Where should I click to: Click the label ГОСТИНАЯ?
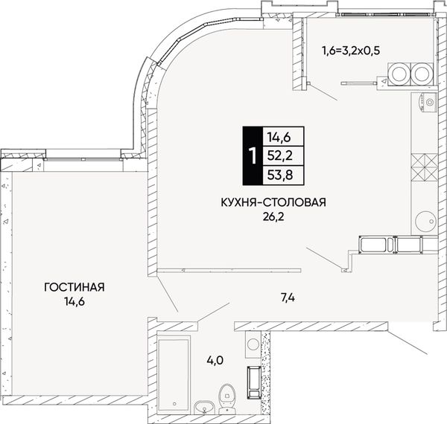click(x=74, y=287)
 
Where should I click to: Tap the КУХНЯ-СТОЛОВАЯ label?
click(x=273, y=202)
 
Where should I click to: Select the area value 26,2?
click(x=273, y=217)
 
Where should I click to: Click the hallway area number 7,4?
click(x=287, y=298)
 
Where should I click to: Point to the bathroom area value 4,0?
click(x=215, y=361)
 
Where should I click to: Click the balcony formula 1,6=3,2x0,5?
click(x=351, y=51)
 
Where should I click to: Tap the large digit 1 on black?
click(x=253, y=156)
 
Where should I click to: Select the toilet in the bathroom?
click(x=226, y=399)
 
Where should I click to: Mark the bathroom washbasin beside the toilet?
click(x=204, y=408)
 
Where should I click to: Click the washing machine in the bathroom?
click(x=253, y=344)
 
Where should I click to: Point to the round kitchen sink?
click(x=425, y=221)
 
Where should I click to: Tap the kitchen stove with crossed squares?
click(x=425, y=168)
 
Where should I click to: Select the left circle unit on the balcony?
click(x=399, y=74)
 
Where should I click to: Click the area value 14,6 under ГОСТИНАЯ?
click(x=74, y=302)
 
